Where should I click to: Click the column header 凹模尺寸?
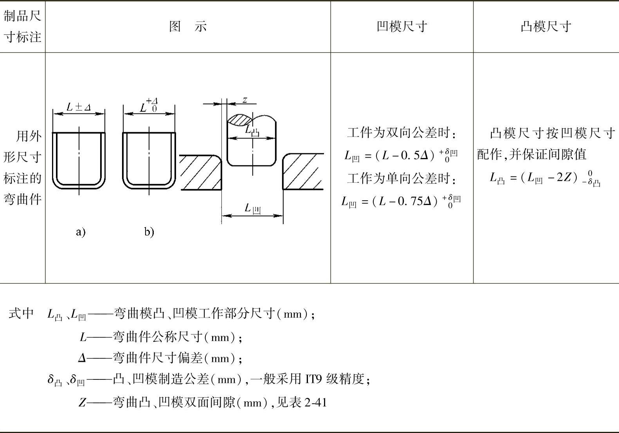click(x=401, y=27)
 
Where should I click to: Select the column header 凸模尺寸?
click(x=546, y=27)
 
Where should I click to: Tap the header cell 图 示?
click(x=188, y=27)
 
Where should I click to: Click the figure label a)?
click(x=80, y=232)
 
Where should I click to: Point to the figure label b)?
click(x=149, y=232)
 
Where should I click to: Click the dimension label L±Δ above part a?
click(x=79, y=107)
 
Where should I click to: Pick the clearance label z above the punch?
click(x=245, y=100)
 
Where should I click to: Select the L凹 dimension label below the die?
click(x=253, y=208)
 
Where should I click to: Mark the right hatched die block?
click(x=303, y=172)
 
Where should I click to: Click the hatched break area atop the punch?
click(x=239, y=119)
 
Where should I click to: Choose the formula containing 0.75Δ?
click(x=401, y=201)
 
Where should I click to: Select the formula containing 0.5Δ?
click(x=401, y=155)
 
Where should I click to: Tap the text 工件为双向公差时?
click(x=401, y=133)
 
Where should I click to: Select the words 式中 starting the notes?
click(x=21, y=313)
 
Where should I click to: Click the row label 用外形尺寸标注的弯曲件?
click(x=23, y=168)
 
